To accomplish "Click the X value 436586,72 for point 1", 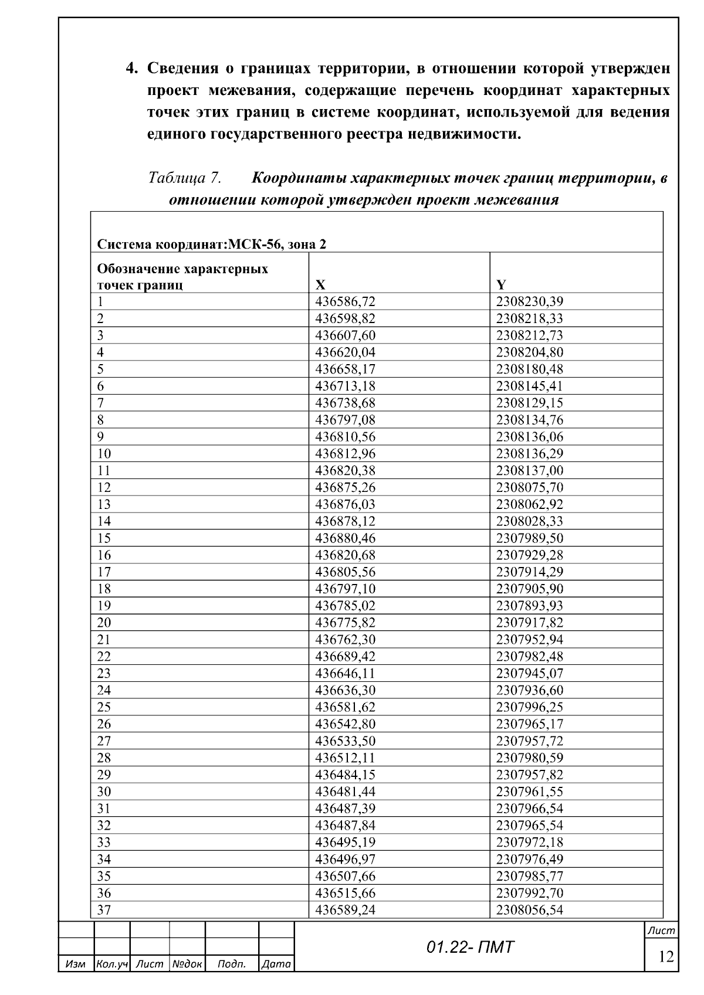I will pos(345,302).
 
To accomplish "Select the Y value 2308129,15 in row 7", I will pos(530,403).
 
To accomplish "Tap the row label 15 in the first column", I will pos(104,538).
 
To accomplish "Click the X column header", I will pos(320,286).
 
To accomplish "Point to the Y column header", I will pos(501,286).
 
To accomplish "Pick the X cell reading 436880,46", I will pos(345,538).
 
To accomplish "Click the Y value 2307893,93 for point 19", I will pos(530,606).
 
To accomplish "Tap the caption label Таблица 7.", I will pos(184,177).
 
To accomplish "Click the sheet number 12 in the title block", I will pos(666,957).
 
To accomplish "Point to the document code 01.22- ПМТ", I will pos(470,948).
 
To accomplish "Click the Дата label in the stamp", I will pos(276,964).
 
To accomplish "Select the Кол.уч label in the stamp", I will pos(111,964).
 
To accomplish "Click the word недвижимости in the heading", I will pos(462,134).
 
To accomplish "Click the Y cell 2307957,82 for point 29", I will pos(530,775).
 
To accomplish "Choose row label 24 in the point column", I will pos(104,690).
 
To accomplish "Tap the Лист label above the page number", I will pos(661,931).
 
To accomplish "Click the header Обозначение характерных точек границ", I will pos(182,277).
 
